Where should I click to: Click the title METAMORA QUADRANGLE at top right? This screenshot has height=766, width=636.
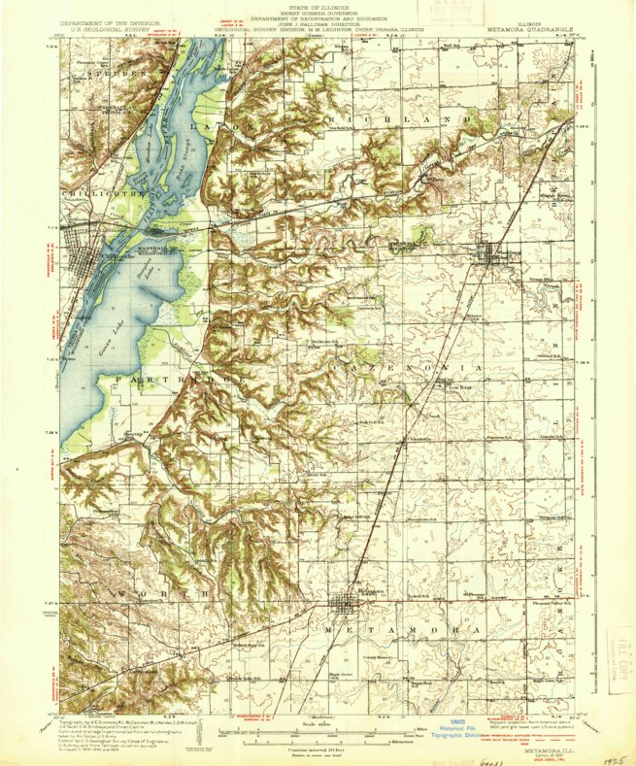tap(533, 30)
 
